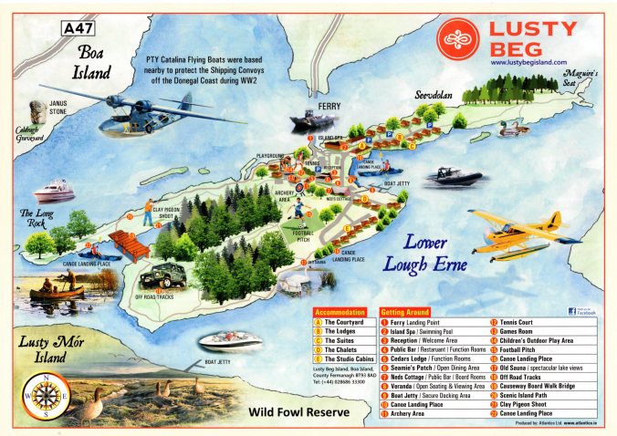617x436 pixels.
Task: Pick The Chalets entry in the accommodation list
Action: click(331, 349)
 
